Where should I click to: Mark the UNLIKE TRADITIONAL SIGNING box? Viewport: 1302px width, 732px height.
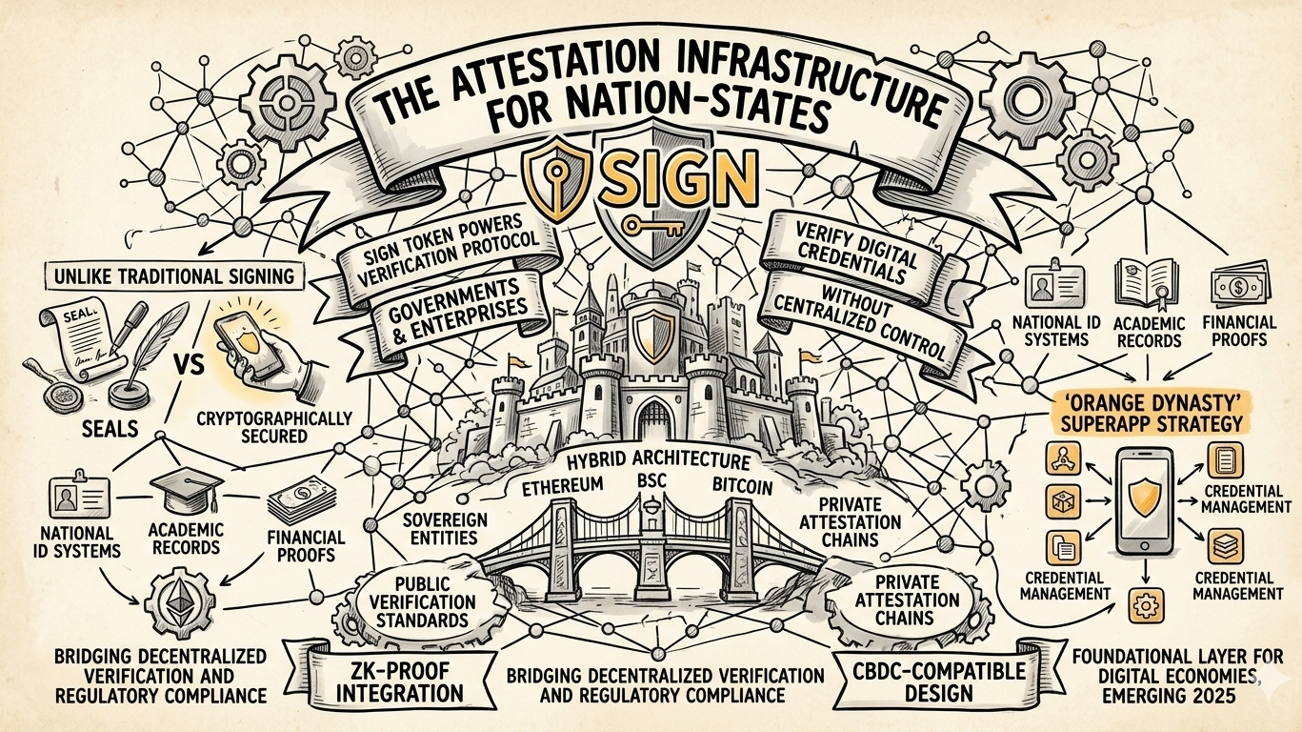168,277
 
